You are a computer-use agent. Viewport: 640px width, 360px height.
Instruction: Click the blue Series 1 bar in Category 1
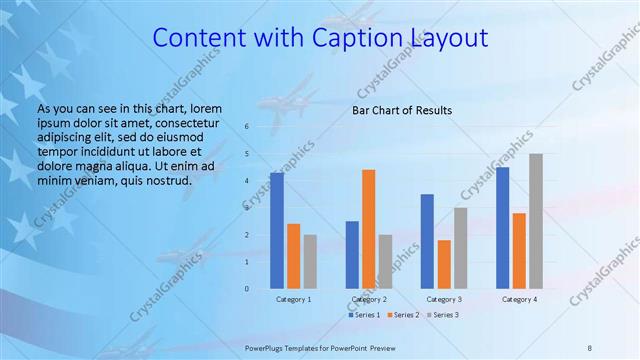point(277,231)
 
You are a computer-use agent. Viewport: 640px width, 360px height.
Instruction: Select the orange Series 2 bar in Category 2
point(369,229)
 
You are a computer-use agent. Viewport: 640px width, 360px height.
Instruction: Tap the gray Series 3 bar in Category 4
point(536,221)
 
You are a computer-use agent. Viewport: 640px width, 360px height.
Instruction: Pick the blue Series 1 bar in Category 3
point(427,241)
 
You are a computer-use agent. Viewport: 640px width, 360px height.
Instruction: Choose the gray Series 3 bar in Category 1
point(310,261)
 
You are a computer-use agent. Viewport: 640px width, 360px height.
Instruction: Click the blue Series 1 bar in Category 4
point(502,228)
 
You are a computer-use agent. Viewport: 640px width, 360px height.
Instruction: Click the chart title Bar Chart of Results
point(401,110)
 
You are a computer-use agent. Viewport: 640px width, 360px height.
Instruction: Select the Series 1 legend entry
point(363,315)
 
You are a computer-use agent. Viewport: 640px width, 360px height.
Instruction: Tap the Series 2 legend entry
point(403,315)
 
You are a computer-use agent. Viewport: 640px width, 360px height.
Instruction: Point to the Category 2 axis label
point(369,299)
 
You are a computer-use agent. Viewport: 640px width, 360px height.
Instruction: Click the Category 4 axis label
point(519,299)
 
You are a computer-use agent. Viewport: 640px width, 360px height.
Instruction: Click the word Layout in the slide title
point(449,40)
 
